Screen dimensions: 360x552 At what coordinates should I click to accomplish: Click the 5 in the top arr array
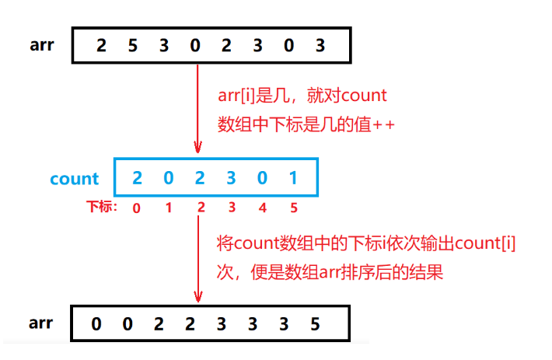click(132, 45)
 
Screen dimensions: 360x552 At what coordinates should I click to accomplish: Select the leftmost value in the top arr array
click(101, 45)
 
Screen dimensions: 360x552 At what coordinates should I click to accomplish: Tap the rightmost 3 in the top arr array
click(320, 45)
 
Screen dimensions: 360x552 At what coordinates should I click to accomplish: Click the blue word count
click(74, 179)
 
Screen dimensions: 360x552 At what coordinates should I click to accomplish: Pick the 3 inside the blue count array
click(231, 178)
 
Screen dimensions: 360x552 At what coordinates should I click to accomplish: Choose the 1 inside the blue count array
click(293, 178)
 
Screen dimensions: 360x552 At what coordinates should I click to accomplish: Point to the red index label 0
click(137, 208)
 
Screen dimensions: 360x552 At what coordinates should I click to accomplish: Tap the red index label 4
click(262, 208)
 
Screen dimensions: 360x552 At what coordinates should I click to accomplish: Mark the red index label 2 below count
click(200, 208)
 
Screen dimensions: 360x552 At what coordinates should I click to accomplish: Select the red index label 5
click(293, 208)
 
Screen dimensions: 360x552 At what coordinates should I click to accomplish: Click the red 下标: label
click(101, 208)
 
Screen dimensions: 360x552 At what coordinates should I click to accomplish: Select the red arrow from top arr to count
click(199, 109)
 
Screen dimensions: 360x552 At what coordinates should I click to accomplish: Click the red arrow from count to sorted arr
click(199, 260)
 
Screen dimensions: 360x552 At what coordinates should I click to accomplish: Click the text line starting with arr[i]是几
click(303, 96)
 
